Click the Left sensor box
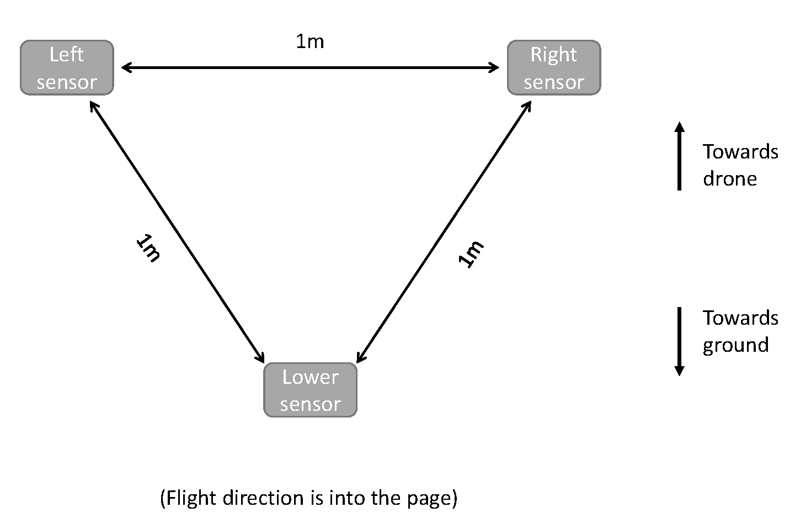(67, 68)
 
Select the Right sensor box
(553, 68)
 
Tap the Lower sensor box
(310, 390)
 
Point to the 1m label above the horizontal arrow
(310, 41)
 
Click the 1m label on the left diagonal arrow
(148, 248)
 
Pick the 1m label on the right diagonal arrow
(471, 253)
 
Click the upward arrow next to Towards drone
(679, 156)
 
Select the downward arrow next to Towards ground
(679, 341)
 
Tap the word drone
(729, 179)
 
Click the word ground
(735, 345)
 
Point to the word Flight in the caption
(190, 498)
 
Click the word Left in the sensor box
(66, 55)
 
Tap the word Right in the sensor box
(553, 55)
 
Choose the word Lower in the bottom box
(310, 377)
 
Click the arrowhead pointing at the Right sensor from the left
(493, 68)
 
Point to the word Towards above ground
(740, 318)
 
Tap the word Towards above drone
(740, 152)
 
